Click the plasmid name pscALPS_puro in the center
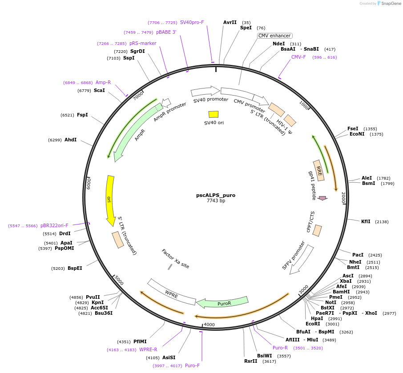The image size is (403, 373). [x=216, y=195]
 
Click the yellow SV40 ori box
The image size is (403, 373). [x=214, y=114]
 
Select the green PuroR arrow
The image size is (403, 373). [x=222, y=303]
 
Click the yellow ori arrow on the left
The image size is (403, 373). [x=109, y=200]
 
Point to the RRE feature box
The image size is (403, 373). [x=319, y=170]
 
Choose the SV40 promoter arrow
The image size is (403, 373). [x=205, y=91]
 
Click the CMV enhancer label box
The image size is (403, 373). [x=274, y=36]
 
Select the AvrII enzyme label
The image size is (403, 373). [x=230, y=22]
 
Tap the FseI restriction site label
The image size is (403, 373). [x=354, y=128]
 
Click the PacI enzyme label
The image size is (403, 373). [x=358, y=255]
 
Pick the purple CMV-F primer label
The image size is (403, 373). [x=298, y=57]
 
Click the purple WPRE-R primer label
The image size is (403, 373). [x=148, y=349]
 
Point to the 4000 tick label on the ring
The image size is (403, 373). [x=209, y=325]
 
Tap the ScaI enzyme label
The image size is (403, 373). [x=99, y=90]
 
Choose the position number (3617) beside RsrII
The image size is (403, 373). [x=269, y=361]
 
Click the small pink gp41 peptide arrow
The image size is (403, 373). [x=322, y=198]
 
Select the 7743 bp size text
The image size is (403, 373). [x=216, y=201]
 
